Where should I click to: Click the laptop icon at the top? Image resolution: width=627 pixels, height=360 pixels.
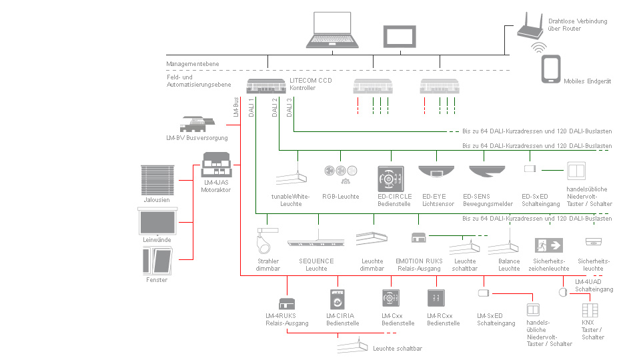click(x=333, y=31)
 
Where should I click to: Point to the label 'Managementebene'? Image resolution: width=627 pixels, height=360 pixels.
click(x=192, y=64)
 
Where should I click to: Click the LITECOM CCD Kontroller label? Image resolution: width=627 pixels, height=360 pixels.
click(x=310, y=84)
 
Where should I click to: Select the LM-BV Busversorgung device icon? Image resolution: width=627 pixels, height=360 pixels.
click(x=197, y=124)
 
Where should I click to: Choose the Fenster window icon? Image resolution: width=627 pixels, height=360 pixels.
click(x=157, y=260)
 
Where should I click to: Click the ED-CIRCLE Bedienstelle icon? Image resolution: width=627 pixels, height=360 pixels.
click(x=391, y=179)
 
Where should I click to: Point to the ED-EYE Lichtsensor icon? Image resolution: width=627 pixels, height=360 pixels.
click(x=437, y=171)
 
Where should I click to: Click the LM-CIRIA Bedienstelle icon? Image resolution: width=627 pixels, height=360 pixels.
click(x=338, y=297)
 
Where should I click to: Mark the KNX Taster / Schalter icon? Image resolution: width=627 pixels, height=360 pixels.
click(x=588, y=311)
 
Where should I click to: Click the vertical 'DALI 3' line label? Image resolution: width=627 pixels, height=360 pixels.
click(x=289, y=107)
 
